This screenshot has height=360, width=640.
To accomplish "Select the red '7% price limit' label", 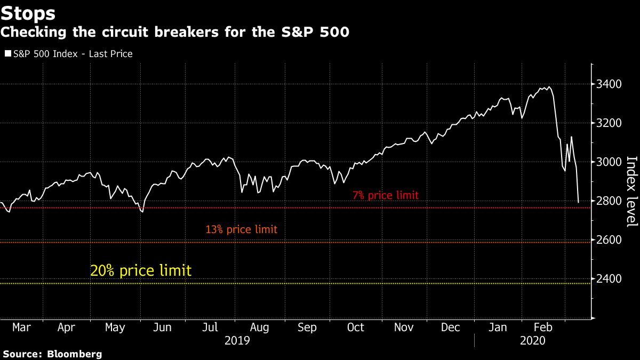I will [386, 196].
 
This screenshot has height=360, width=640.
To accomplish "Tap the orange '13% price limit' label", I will [242, 230].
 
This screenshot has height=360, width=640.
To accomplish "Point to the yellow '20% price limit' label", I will [141, 270].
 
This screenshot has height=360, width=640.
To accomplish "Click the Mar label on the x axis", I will [21, 327].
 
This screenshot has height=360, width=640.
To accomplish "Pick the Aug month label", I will [259, 327].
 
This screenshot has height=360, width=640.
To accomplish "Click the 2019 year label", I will [237, 340].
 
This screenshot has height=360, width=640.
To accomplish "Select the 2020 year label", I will [532, 340].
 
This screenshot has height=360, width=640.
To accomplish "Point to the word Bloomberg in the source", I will [75, 354].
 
